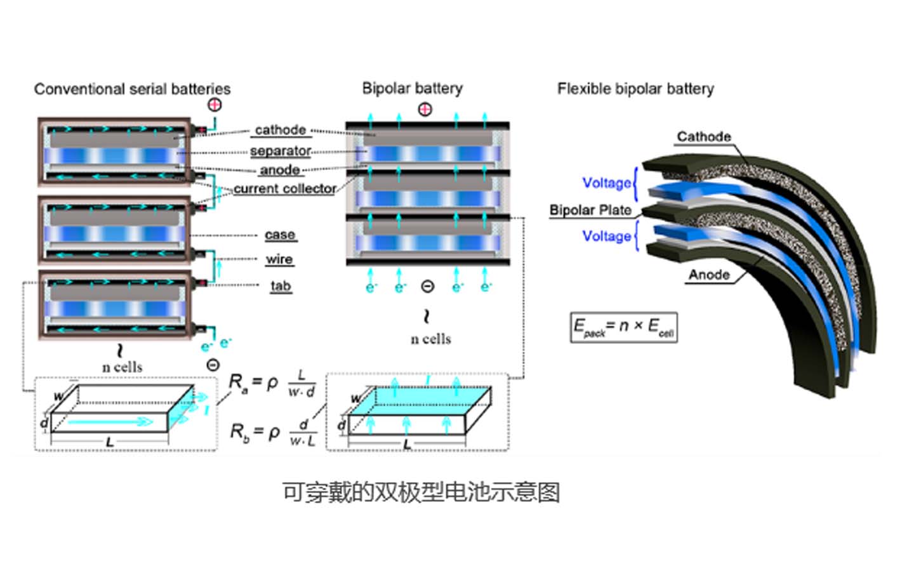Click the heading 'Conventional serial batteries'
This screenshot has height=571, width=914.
coord(132,89)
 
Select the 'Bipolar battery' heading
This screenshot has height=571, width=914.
coord(412,88)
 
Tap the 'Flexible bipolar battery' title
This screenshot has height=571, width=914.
coord(635,89)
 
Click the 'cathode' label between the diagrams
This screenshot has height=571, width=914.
coord(280,130)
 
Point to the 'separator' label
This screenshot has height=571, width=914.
coord(280,151)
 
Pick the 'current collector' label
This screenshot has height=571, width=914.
coord(284,188)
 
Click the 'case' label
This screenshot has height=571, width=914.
coord(280,235)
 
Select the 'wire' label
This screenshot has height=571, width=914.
coord(279,259)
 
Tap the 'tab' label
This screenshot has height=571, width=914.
coord(281,285)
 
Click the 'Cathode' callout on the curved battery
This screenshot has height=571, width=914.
coord(703,136)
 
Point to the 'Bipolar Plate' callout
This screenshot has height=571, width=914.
coord(590,210)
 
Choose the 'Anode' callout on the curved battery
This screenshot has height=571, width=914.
coord(709,274)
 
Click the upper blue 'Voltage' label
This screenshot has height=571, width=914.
coord(607,183)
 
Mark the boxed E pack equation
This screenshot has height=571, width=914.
coord(623,327)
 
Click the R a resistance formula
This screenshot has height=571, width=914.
coord(272,384)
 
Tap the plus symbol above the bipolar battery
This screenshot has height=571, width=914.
coord(425,109)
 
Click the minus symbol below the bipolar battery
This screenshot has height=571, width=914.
coord(428,287)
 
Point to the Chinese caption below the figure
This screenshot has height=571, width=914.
coord(421,492)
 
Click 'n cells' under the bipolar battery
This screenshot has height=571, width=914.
coord(430,339)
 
